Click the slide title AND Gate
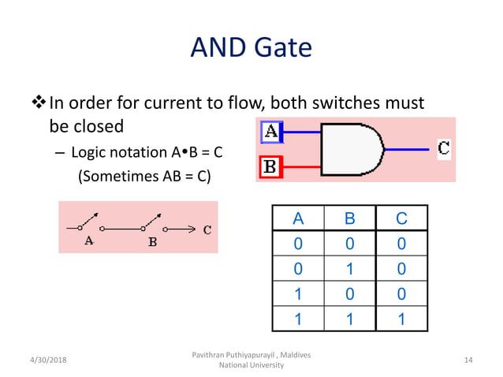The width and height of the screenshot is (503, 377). click(251, 49)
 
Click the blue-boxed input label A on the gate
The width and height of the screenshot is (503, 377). click(271, 132)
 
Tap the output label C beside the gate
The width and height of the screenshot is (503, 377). click(444, 147)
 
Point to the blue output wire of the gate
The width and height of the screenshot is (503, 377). click(408, 148)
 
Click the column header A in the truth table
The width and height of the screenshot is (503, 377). click(297, 218)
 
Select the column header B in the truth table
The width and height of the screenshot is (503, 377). click(348, 218)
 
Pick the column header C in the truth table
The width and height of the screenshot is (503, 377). click(401, 218)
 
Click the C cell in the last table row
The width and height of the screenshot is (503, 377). click(401, 319)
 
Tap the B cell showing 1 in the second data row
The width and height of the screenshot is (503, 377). click(348, 269)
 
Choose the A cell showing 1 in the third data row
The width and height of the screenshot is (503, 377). click(297, 294)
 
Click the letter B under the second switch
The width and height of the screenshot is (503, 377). click(152, 242)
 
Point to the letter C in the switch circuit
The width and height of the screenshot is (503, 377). click(207, 230)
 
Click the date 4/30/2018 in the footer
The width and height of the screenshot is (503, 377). click(45, 360)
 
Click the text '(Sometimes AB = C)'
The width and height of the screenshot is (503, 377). click(143, 176)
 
